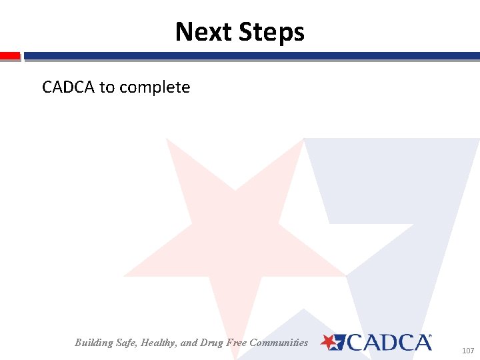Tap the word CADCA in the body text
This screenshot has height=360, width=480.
pyautogui.click(x=69, y=87)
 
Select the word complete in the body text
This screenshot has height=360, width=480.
pyautogui.click(x=156, y=88)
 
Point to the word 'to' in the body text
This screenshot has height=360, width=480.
pyautogui.click(x=107, y=87)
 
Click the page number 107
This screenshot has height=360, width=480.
pyautogui.click(x=467, y=350)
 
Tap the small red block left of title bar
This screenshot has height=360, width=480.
pyautogui.click(x=10, y=56)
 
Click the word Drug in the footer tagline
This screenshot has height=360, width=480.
pyautogui.click(x=213, y=343)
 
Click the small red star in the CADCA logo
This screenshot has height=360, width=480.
pyautogui.click(x=329, y=342)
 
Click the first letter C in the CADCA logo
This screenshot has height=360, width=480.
pyautogui.click(x=353, y=343)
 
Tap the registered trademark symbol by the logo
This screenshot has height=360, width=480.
pyautogui.click(x=429, y=337)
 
